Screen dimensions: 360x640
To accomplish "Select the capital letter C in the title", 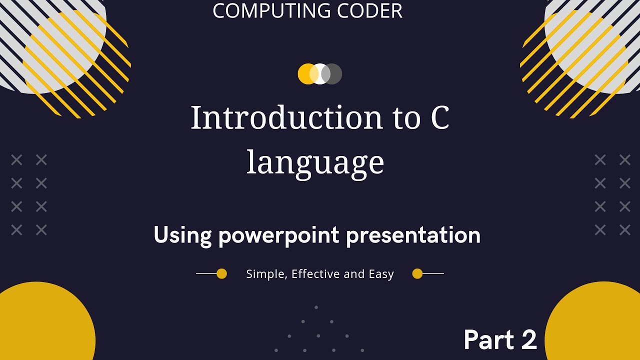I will [438, 118].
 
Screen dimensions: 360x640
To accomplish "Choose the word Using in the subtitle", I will [183, 235].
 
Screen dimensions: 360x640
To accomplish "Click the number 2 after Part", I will [528, 340].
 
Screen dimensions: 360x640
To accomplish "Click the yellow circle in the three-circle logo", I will [304, 74].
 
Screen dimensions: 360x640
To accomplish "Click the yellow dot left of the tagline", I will [221, 273].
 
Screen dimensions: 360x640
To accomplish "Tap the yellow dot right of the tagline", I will [417, 273].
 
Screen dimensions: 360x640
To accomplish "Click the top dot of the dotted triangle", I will [316, 307].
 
